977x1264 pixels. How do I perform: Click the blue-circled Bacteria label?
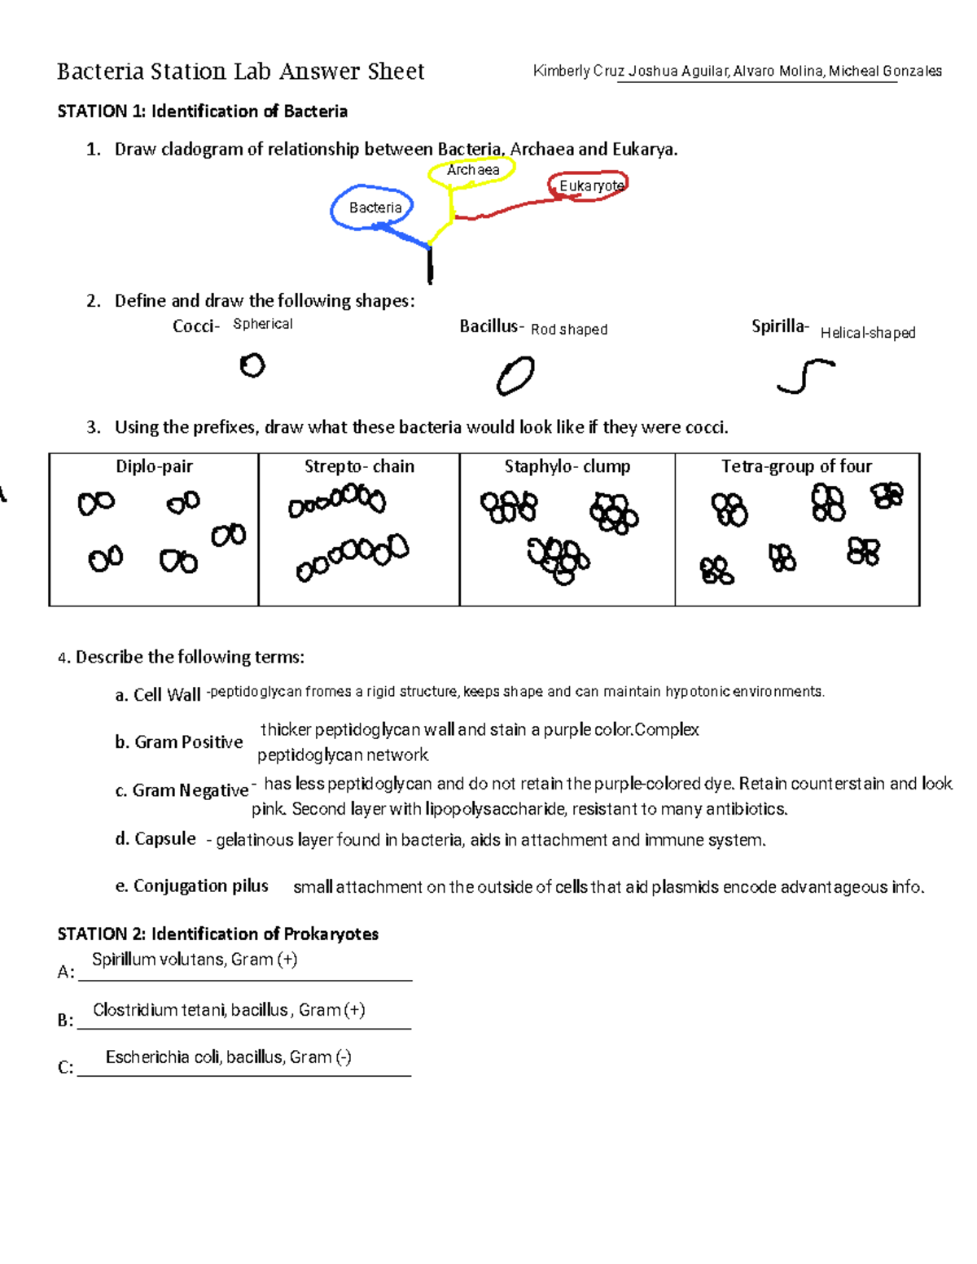click(375, 208)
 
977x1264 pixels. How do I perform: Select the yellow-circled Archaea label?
click(473, 170)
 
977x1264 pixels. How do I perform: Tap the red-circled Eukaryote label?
click(590, 186)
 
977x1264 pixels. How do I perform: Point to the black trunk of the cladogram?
click(430, 265)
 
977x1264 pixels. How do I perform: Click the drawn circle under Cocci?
click(252, 365)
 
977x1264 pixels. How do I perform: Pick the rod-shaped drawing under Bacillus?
click(515, 377)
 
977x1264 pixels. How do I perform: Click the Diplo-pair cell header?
click(154, 466)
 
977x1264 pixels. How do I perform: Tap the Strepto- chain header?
click(359, 466)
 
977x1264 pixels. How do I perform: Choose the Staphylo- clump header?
click(567, 466)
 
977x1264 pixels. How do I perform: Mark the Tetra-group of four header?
click(796, 466)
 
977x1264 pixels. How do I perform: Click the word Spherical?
click(262, 324)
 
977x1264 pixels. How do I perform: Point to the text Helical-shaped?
click(868, 333)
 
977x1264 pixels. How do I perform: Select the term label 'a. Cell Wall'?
click(158, 694)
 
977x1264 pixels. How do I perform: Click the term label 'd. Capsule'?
click(156, 838)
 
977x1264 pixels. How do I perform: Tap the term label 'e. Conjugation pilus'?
click(192, 886)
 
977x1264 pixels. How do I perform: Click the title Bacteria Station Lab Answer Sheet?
click(241, 72)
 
